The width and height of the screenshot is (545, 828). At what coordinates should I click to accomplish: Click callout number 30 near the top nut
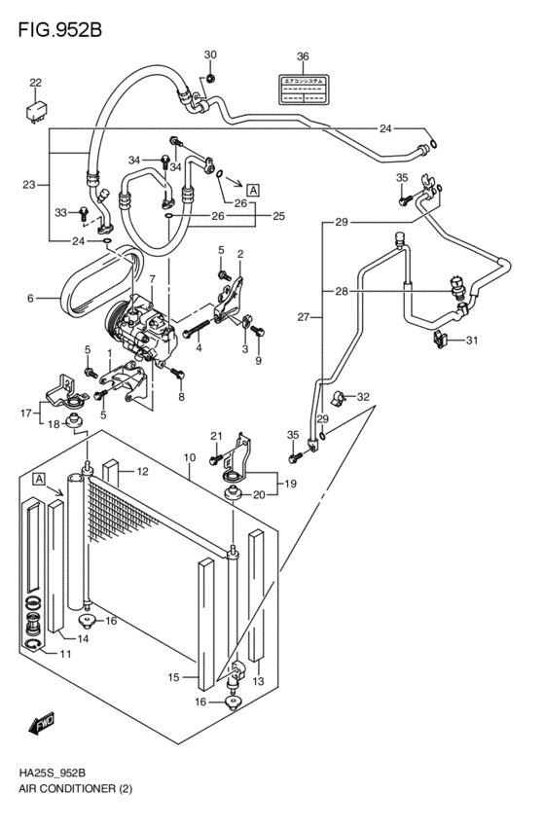point(210,54)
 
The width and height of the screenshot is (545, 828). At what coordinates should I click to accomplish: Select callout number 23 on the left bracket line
point(28,184)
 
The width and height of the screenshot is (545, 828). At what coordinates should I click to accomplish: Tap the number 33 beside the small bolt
point(60,212)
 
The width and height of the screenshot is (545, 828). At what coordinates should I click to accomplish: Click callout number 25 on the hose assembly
point(278,215)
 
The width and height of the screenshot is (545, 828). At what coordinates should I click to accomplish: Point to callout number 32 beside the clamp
point(363,396)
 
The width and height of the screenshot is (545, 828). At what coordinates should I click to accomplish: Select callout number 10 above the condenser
point(190,457)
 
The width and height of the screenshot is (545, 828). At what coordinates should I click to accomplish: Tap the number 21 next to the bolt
point(217,435)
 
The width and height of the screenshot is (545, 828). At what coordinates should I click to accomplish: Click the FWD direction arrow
point(42,724)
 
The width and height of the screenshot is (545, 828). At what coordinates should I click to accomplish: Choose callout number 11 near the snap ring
point(66,653)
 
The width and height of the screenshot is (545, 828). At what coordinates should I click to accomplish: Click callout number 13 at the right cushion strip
point(258,681)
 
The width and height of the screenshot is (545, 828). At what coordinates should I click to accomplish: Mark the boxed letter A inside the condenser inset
point(38,479)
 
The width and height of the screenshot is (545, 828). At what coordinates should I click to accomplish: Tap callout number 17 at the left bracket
point(27,413)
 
